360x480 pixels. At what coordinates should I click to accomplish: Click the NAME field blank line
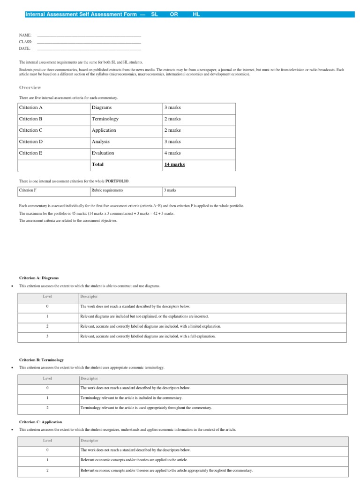pos(89,36)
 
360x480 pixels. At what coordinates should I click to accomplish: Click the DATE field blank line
pos(89,49)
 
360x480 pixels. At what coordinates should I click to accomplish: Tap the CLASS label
pos(25,42)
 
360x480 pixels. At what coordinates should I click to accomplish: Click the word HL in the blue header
pos(196,15)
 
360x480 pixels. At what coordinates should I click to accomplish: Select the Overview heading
pos(30,87)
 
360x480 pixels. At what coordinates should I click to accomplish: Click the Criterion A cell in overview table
pos(31,108)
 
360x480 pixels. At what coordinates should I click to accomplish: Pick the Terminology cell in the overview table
pos(105,119)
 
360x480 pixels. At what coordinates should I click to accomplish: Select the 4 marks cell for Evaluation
pos(172,153)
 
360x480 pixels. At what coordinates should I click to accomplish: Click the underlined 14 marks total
pos(174,165)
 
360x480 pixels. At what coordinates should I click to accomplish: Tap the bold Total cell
pos(98,165)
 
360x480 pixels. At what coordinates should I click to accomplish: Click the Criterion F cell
pos(27,190)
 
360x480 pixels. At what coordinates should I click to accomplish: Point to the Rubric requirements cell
pos(107,190)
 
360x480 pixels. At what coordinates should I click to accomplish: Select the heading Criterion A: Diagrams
pos(38,277)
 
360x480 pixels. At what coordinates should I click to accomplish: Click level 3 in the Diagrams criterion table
pos(47,337)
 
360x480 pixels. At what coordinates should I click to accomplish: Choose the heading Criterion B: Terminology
pos(41,360)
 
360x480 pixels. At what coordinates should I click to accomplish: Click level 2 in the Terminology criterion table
pos(47,408)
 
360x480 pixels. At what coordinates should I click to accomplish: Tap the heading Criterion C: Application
pos(40,422)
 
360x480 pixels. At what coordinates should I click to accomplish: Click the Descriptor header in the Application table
pos(90,441)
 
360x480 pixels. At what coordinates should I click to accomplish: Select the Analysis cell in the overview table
pos(101,142)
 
